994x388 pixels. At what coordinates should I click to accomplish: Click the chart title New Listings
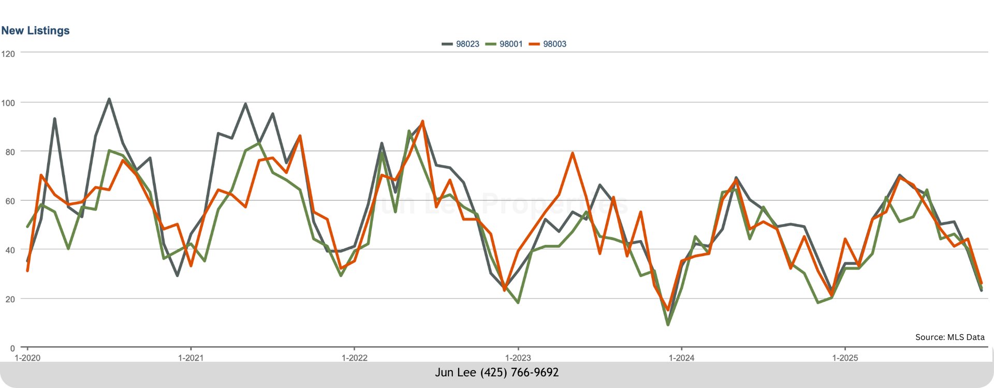(x=35, y=31)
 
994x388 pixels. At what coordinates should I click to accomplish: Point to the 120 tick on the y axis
(x=8, y=54)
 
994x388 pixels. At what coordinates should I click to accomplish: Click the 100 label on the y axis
(x=8, y=103)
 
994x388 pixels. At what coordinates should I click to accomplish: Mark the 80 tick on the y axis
(x=8, y=152)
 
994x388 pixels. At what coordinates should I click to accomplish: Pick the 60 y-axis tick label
(x=8, y=201)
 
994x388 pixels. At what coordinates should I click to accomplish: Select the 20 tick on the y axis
(x=8, y=300)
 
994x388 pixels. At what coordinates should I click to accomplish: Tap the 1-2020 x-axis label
(x=27, y=358)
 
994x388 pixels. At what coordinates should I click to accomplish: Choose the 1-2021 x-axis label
(x=191, y=358)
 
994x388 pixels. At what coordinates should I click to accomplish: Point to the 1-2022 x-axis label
(x=354, y=358)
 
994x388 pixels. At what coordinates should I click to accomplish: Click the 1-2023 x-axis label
(x=518, y=358)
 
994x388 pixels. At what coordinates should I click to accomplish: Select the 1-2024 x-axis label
(x=681, y=358)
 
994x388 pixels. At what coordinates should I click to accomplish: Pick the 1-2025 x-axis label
(x=845, y=358)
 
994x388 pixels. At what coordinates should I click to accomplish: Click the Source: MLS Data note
(x=949, y=337)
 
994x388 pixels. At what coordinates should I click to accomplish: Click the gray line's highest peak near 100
(x=109, y=99)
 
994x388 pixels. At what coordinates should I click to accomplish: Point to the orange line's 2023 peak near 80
(x=572, y=153)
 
